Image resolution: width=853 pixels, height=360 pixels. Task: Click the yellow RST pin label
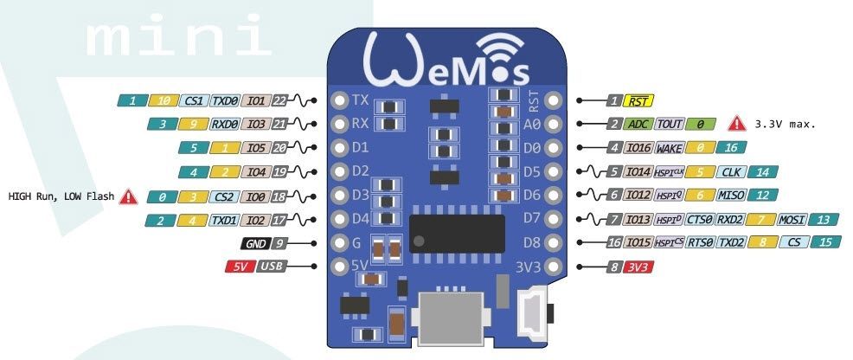click(x=640, y=100)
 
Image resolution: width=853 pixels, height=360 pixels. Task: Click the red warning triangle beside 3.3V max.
click(x=736, y=124)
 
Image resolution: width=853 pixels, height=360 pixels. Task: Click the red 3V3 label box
click(x=640, y=267)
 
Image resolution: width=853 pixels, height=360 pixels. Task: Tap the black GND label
click(x=255, y=243)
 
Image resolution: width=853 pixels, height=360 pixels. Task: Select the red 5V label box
click(x=238, y=267)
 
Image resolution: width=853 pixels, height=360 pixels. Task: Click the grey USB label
click(x=271, y=267)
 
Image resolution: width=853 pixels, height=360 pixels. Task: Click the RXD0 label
click(x=225, y=125)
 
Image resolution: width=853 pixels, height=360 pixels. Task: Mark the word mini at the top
click(x=174, y=37)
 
